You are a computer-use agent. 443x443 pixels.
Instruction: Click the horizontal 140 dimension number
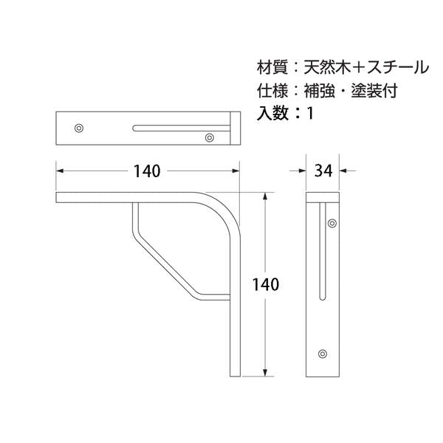[x=147, y=171]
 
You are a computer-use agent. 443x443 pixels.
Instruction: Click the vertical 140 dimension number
[x=266, y=284]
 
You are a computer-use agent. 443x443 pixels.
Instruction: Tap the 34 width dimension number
[x=323, y=171]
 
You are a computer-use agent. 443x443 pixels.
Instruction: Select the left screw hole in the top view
[x=79, y=128]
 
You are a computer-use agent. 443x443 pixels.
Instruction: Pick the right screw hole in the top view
[x=210, y=138]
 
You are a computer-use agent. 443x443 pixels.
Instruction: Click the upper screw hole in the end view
[x=332, y=223]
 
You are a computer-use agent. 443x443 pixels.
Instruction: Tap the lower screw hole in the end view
[x=323, y=354]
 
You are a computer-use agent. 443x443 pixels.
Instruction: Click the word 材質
[x=272, y=67]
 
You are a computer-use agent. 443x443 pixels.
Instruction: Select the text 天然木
[x=327, y=67]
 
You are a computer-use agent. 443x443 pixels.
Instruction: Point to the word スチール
[x=399, y=67]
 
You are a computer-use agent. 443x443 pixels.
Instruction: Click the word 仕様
[x=272, y=90]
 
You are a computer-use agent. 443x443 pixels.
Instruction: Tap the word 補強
[x=319, y=90]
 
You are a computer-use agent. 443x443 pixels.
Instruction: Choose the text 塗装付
[x=374, y=90]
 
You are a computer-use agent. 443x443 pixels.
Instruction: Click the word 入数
[x=272, y=113]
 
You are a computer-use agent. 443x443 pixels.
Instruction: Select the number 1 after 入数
[x=310, y=113]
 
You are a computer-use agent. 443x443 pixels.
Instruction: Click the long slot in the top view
[x=182, y=128]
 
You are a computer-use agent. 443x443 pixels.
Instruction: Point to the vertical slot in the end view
[x=323, y=251]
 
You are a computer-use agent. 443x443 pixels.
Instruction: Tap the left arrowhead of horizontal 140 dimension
[x=60, y=171]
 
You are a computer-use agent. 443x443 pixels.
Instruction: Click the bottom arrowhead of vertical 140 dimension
[x=265, y=373]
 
